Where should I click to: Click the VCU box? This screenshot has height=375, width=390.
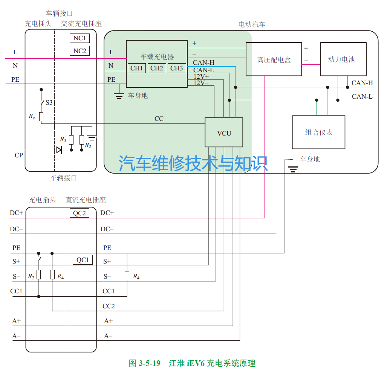point(224,133)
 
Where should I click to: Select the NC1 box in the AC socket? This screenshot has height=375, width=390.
point(80,38)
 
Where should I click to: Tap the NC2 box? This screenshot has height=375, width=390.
point(80,51)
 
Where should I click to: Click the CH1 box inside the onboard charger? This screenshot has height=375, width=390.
point(136,68)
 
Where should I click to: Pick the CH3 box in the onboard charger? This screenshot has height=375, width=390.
point(176,68)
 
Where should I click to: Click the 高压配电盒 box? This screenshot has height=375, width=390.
point(274,59)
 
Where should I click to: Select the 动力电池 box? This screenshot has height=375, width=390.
point(343,59)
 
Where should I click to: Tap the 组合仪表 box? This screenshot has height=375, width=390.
point(318,132)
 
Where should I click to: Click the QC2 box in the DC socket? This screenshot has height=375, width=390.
point(79,213)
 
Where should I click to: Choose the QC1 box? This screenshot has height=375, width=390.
point(83,260)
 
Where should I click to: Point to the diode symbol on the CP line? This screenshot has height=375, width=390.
point(59,150)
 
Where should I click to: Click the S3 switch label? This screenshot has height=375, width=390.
point(49,102)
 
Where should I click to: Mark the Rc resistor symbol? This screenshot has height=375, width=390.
point(41,116)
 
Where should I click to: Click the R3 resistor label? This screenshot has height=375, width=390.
point(63,140)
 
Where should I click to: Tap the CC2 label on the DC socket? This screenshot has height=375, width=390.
point(109,306)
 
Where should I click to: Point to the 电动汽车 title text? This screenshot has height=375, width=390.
point(252,24)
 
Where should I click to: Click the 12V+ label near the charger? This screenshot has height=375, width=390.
point(201,76)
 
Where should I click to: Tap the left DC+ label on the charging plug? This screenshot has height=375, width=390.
point(17,213)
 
